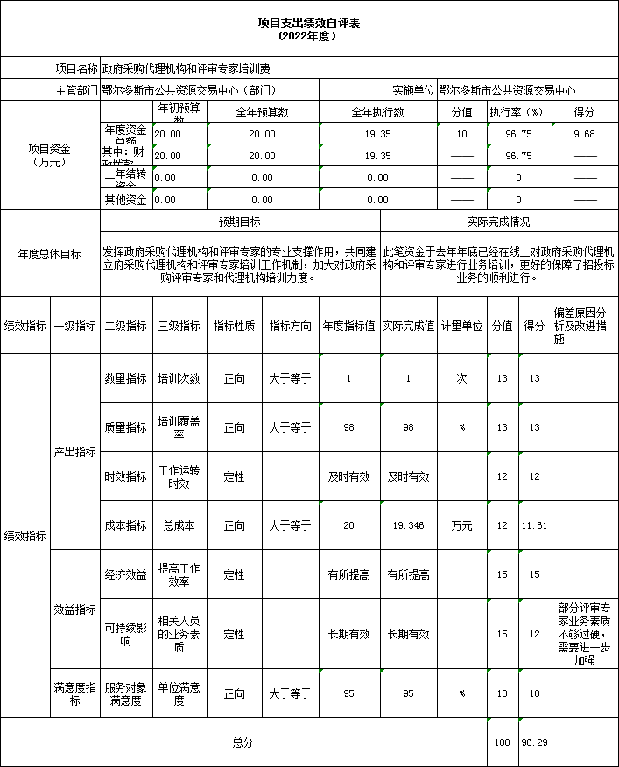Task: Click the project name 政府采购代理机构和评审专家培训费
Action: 186,67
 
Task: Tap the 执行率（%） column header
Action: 518,112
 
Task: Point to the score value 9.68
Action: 584,134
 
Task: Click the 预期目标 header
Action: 239,222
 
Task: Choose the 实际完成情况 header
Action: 498,222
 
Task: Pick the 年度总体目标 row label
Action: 50,254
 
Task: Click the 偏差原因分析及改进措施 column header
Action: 584,325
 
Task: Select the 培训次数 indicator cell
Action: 179,379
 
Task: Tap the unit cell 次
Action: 461,379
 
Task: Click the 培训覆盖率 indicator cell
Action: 179,427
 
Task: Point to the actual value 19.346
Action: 408,525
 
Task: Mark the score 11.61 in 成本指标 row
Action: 533,525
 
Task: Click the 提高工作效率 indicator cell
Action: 179,574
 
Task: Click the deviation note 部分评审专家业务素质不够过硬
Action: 584,634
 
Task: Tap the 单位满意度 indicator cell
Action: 179,693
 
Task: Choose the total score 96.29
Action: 533,742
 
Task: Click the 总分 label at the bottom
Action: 243,742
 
